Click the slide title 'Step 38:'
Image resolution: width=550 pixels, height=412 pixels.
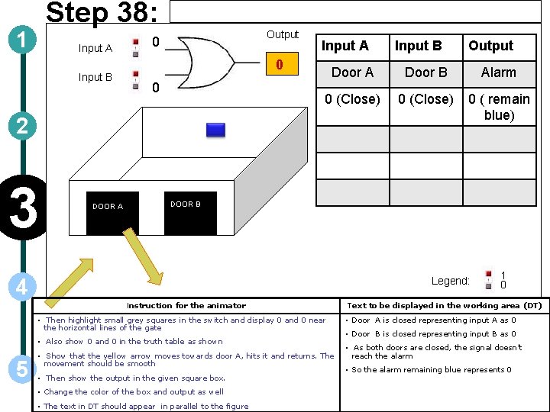pyautogui.click(x=102, y=14)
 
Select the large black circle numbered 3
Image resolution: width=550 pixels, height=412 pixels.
pyautogui.click(x=24, y=208)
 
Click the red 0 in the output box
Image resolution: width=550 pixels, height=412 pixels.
pyautogui.click(x=280, y=65)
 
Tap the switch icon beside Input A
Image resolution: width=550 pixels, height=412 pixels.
pyautogui.click(x=135, y=47)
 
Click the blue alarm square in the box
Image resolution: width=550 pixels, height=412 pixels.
pyautogui.click(x=215, y=130)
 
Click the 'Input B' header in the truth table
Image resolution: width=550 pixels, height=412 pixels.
pyautogui.click(x=418, y=46)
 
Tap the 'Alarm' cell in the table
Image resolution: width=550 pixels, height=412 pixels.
pyautogui.click(x=498, y=72)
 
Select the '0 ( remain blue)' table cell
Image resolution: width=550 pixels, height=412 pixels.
pyautogui.click(x=499, y=107)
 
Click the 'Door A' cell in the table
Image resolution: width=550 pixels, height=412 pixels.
pyautogui.click(x=352, y=72)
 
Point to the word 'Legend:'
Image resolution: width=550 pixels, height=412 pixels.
pyautogui.click(x=450, y=281)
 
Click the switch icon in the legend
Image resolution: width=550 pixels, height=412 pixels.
pyautogui.click(x=487, y=280)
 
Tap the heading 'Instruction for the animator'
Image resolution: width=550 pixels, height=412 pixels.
pyautogui.click(x=186, y=305)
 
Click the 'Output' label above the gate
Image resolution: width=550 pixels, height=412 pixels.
pyautogui.click(x=283, y=34)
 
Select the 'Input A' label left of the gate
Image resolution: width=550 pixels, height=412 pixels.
pyautogui.click(x=95, y=48)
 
